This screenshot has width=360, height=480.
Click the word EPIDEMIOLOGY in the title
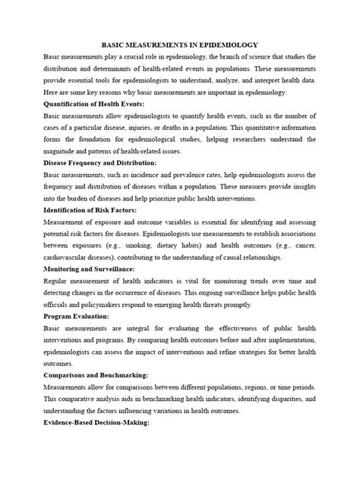[x=226, y=45]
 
